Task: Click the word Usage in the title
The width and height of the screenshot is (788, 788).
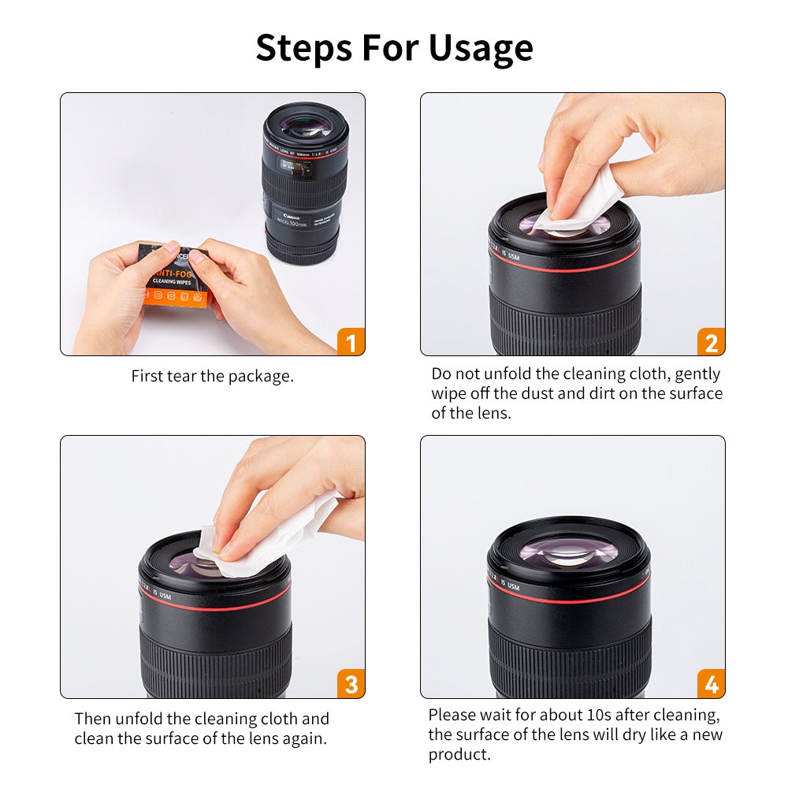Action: click(481, 48)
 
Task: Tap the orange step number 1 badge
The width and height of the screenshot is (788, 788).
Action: click(351, 343)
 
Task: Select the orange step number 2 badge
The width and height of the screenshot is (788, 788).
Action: click(711, 343)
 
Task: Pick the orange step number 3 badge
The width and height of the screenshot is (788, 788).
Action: click(351, 685)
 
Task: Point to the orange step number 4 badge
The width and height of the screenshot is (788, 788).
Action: click(711, 685)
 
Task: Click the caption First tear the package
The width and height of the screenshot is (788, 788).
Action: click(212, 376)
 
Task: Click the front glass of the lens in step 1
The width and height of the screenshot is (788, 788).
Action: click(305, 125)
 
